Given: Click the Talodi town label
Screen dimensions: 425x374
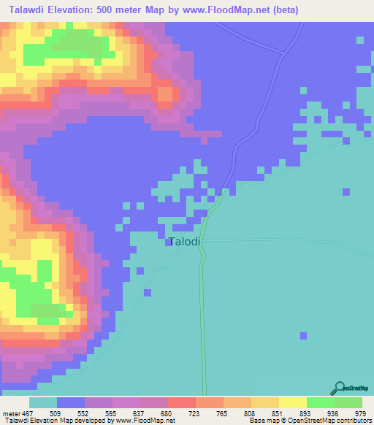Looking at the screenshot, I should (185, 242).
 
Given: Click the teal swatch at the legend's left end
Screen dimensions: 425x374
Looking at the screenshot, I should (42, 402).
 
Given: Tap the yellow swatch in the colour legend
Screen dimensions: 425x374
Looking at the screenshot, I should (292, 402).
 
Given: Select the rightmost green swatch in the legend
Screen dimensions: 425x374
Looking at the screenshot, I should (348, 402).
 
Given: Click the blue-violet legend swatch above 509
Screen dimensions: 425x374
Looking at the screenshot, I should (71, 402).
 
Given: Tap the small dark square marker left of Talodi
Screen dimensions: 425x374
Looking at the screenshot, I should (168, 243).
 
